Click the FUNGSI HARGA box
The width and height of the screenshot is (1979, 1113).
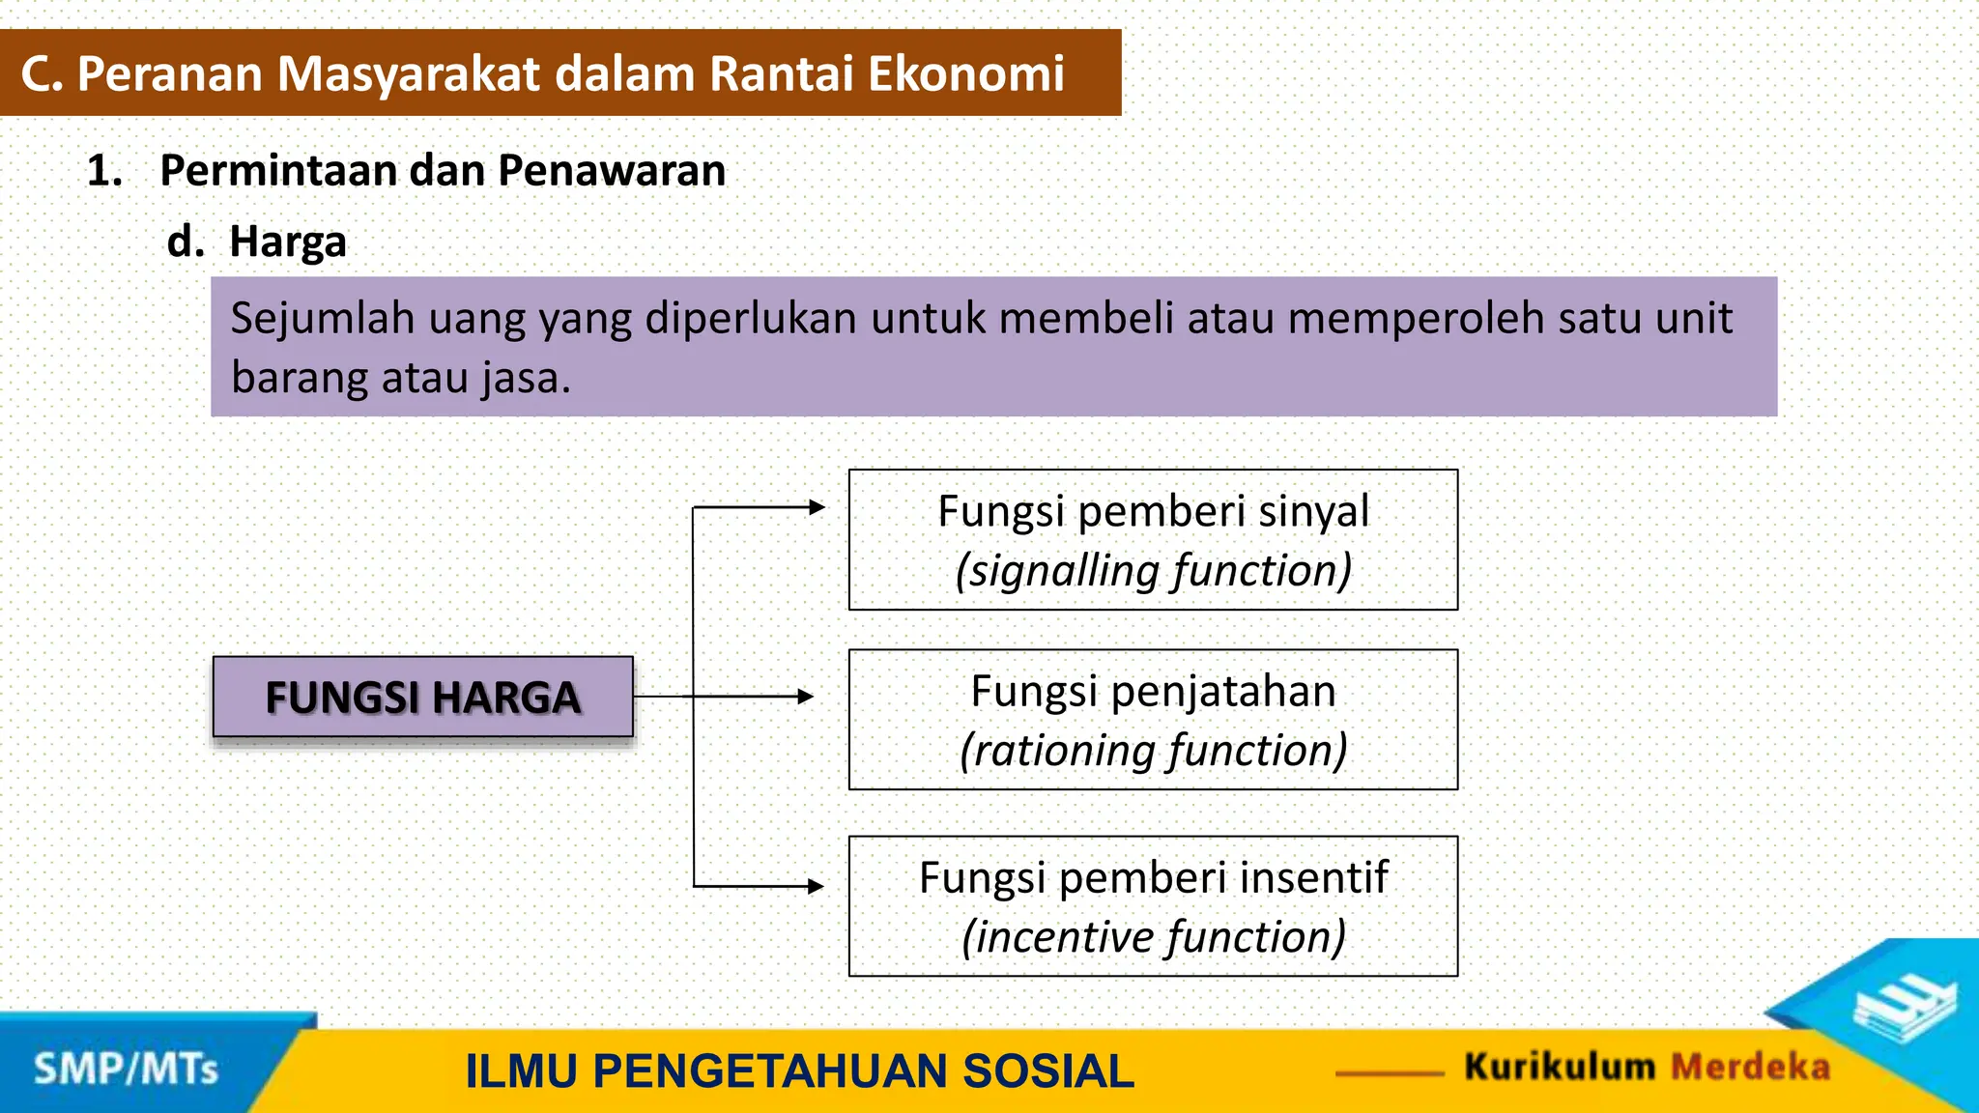click(422, 697)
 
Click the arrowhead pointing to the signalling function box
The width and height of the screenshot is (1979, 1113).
click(817, 506)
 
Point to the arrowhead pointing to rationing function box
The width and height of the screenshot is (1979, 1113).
click(806, 696)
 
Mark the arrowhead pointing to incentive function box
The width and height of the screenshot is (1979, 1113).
click(816, 885)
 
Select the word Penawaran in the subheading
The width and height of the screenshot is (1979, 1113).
click(612, 171)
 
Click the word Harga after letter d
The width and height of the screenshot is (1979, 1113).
click(288, 242)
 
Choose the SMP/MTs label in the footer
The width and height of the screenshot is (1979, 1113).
click(126, 1070)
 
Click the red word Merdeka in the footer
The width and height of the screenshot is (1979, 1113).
click(1750, 1067)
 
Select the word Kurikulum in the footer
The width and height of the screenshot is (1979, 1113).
click(1559, 1067)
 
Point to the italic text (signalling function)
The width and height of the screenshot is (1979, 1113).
click(1153, 570)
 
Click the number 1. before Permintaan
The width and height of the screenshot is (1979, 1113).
click(104, 171)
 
